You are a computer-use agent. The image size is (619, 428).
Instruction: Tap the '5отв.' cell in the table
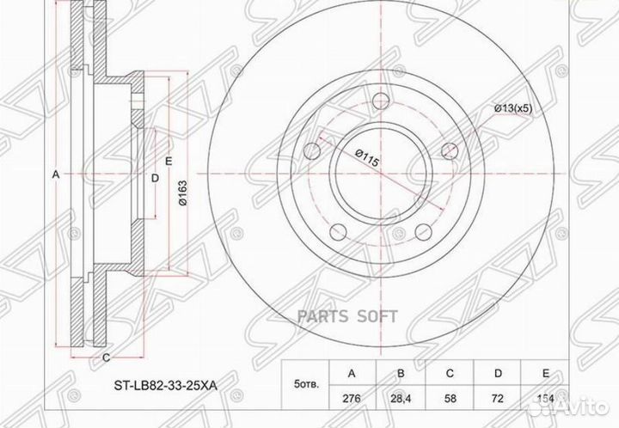[x=305, y=386]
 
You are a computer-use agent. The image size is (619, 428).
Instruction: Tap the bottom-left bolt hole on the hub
[x=337, y=230]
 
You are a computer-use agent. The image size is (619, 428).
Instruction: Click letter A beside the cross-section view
[x=57, y=174]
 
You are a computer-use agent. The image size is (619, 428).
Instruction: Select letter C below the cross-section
[x=105, y=357]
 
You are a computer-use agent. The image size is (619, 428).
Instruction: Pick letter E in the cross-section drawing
[x=169, y=161]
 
